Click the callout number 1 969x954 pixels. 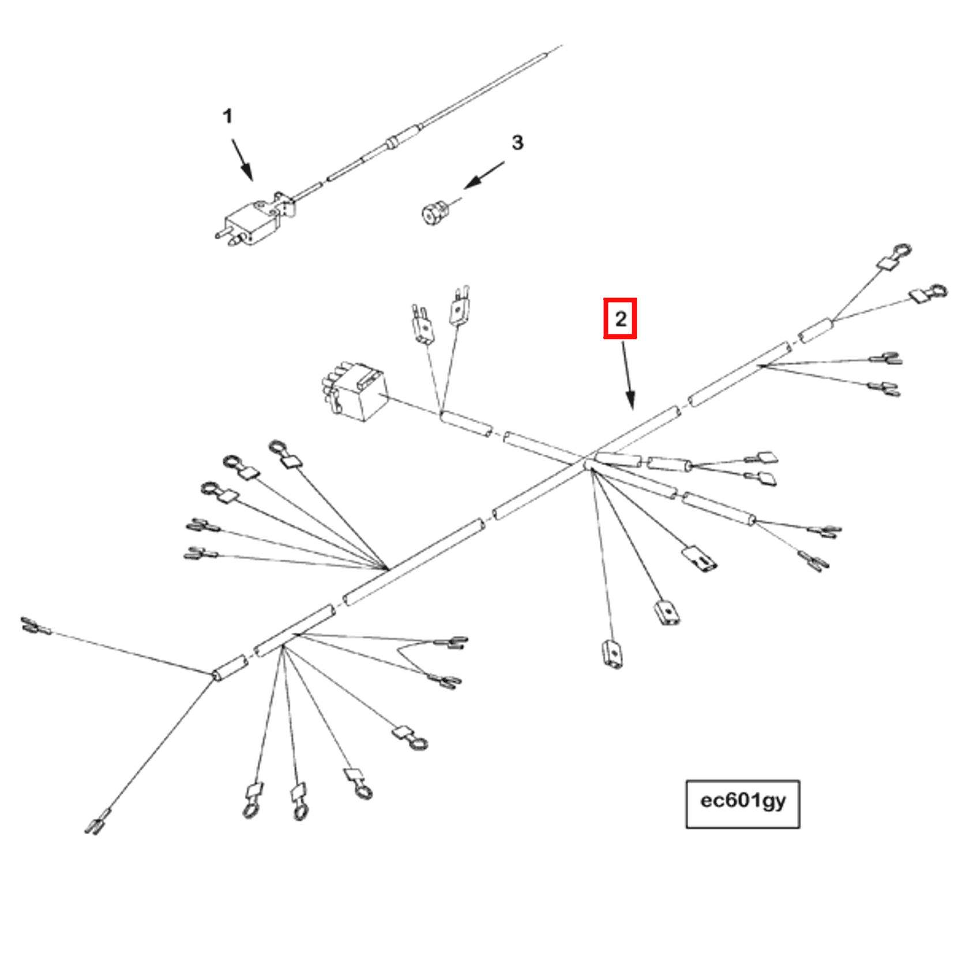pos(227,116)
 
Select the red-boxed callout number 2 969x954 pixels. pos(620,318)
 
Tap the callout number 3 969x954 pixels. pos(517,142)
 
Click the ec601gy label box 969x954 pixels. pos(742,804)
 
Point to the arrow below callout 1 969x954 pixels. pos(242,160)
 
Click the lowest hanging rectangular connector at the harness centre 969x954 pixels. pos(612,655)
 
